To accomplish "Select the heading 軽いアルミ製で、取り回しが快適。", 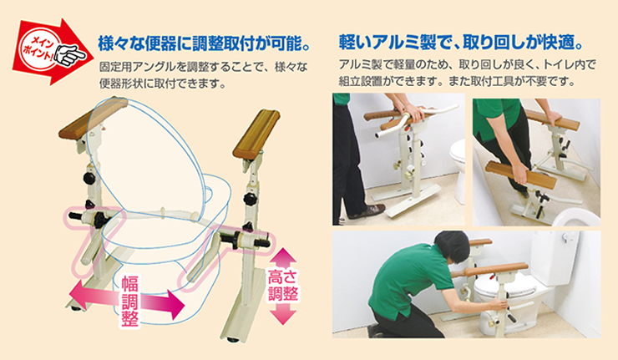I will (x=461, y=40).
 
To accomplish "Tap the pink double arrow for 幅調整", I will (x=126, y=299).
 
